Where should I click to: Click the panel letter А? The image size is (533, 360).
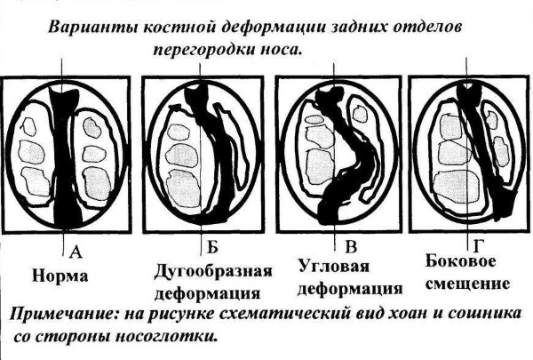click(x=76, y=252)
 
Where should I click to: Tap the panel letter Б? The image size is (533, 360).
click(x=212, y=247)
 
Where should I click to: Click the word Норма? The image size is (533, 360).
click(x=60, y=276)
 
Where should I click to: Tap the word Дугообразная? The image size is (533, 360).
click(x=213, y=272)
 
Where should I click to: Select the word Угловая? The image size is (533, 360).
click(x=334, y=266)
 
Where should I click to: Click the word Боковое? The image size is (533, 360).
click(x=460, y=261)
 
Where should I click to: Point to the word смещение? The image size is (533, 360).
click(x=468, y=284)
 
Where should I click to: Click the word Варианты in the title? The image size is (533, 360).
click(x=92, y=28)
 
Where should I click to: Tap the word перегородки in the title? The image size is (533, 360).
click(x=203, y=50)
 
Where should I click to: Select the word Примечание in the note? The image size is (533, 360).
click(x=64, y=314)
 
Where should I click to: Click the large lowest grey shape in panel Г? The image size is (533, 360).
click(x=457, y=188)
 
